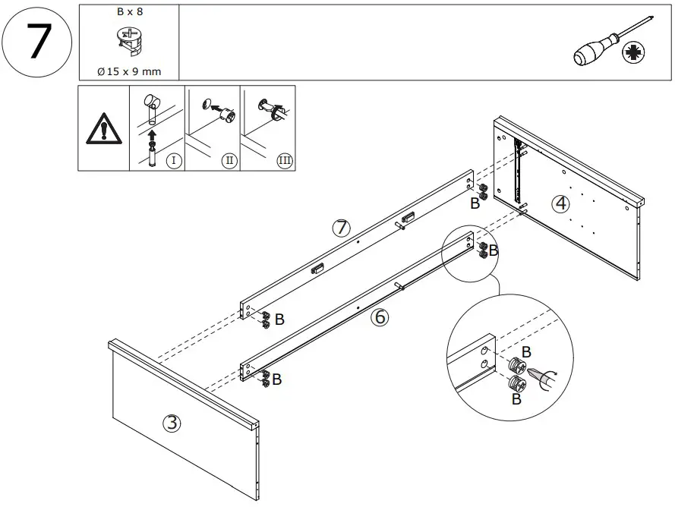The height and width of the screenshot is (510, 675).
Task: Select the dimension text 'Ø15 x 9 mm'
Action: coord(128,71)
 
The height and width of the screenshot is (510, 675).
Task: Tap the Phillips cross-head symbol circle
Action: coord(632,53)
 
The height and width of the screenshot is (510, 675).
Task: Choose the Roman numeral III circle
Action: coord(284,160)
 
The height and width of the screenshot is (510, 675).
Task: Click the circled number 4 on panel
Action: coord(560,203)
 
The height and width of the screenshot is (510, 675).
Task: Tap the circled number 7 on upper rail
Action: coord(341,227)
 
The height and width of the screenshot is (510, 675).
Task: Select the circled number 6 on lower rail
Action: coord(379,318)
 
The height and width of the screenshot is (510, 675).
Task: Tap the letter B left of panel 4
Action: coord(475,203)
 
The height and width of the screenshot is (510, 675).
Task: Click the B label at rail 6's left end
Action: coord(276,379)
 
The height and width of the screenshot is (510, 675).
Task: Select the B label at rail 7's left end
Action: coord(279,320)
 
